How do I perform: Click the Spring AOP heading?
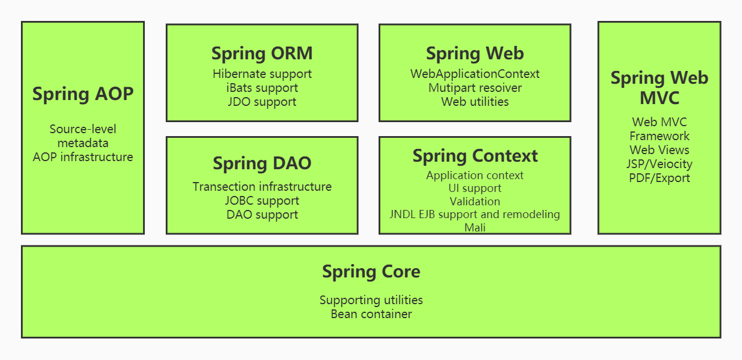[83, 94]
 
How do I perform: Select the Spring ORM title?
[262, 54]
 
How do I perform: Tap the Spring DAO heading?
[262, 163]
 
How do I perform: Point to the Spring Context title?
[475, 156]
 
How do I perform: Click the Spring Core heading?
[371, 272]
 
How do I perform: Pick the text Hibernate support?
[262, 74]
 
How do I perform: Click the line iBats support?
[262, 88]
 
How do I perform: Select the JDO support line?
[262, 102]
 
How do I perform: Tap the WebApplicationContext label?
[475, 74]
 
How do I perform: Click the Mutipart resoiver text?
[475, 88]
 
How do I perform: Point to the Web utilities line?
[475, 102]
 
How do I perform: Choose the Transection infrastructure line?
[262, 187]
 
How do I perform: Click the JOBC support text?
[262, 201]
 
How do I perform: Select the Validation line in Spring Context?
[475, 202]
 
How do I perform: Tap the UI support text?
[475, 188]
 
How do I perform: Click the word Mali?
[475, 228]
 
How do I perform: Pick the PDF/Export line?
[659, 178]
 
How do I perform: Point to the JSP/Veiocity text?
[659, 164]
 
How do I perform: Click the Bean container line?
[371, 314]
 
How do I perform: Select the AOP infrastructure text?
[83, 157]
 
